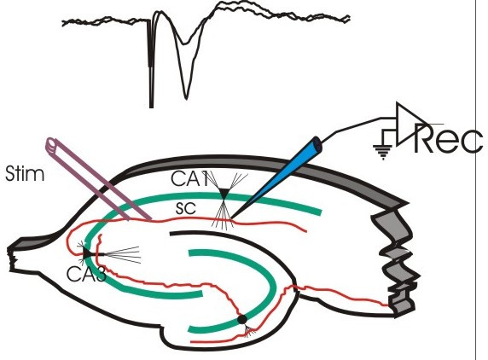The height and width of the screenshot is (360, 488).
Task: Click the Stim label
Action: point(25,174)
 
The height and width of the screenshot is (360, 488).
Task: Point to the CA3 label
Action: point(86,275)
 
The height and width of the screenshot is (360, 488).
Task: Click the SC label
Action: point(186,208)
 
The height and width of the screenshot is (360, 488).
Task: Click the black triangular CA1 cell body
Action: point(224,194)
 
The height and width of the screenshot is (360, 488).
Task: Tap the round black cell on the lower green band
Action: point(242,320)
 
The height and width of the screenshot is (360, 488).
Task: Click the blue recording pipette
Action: point(277,177)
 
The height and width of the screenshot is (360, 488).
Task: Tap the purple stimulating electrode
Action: point(98,178)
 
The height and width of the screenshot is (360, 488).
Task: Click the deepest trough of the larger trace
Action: point(186,99)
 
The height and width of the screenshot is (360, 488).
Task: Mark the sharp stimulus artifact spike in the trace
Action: point(151,62)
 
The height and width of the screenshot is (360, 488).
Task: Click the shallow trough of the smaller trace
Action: point(185,43)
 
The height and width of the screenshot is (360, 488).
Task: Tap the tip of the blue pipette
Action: point(230,218)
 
